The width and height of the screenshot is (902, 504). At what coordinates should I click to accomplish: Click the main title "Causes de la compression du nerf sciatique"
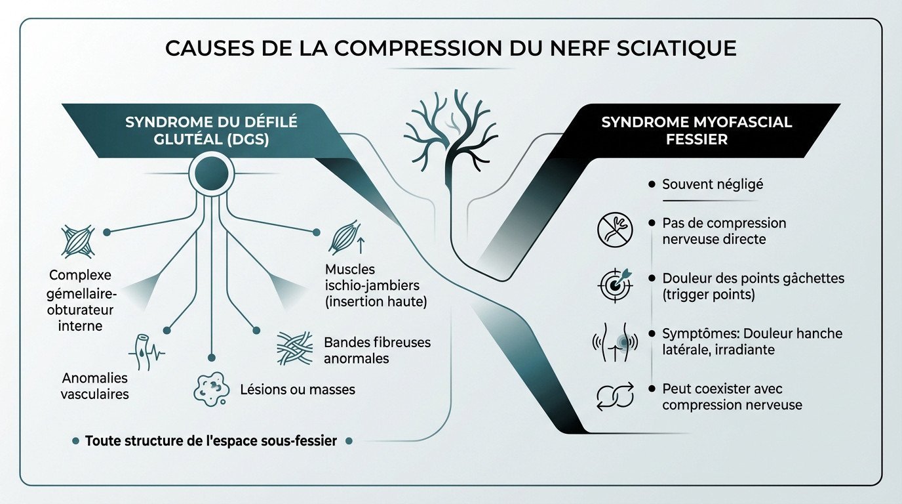(450, 49)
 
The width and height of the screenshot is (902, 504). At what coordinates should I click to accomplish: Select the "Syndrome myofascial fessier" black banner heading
(696, 131)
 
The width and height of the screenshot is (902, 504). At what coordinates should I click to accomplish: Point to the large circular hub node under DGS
(210, 174)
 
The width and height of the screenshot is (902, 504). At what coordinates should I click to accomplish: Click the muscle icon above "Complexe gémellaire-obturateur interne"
(77, 241)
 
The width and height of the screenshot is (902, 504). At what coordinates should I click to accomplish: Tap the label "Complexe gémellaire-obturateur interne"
(81, 300)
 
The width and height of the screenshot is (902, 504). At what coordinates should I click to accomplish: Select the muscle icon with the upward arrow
(345, 238)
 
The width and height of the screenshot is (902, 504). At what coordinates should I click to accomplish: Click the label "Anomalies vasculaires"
(94, 386)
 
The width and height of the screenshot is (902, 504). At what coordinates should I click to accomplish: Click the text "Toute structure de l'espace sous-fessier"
(210, 441)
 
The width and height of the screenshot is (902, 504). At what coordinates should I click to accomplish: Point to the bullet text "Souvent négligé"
(712, 185)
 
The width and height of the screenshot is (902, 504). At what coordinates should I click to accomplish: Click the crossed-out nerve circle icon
(615, 230)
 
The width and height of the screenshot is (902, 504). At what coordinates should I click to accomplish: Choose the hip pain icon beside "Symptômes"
(615, 342)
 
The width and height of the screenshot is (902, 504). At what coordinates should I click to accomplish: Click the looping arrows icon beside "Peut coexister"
(615, 396)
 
